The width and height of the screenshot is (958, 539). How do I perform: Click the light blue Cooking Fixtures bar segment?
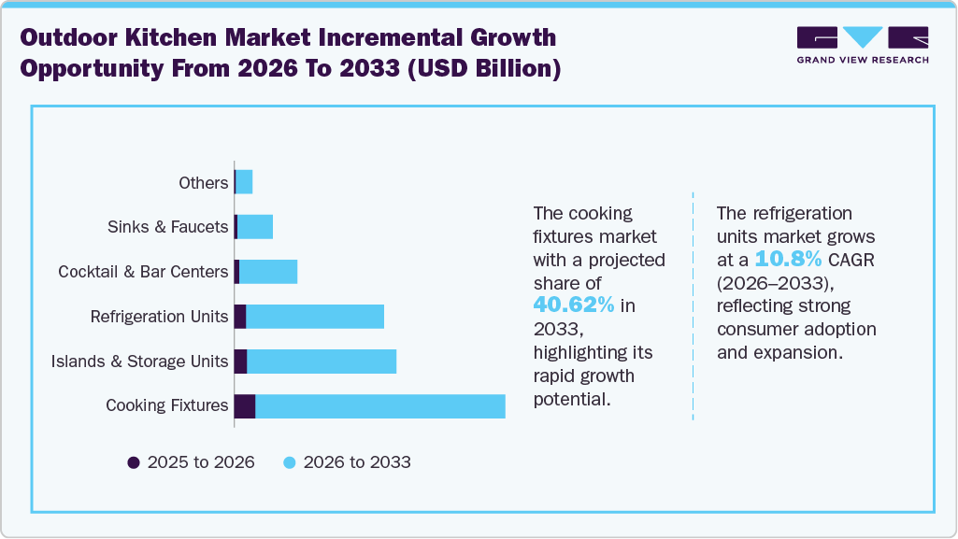pos(380,406)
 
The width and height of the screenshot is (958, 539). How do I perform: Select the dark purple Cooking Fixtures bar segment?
pos(245,406)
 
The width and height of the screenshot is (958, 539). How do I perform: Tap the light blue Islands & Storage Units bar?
pos(322,362)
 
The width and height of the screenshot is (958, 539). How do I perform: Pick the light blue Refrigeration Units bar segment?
pos(315,317)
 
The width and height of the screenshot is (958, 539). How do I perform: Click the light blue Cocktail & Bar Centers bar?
pos(268,272)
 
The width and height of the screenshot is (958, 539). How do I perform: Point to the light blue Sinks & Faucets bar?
pos(255,227)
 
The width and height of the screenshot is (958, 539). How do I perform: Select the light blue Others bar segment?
pos(245,182)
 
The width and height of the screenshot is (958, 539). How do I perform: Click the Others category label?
pos(203,183)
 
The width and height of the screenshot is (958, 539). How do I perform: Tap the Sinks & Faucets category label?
pos(167,227)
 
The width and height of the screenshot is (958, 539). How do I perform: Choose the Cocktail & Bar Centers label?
pos(143,272)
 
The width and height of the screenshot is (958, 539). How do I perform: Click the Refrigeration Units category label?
pos(159,317)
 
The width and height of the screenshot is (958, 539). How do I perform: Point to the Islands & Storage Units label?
pos(140,362)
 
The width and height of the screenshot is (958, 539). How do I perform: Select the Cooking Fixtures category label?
pos(166,405)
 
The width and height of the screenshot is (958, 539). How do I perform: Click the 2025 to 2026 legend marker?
pos(134,462)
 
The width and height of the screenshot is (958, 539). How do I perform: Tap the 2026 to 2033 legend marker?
pos(291,462)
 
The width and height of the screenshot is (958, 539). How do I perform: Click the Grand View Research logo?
pos(862,45)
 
